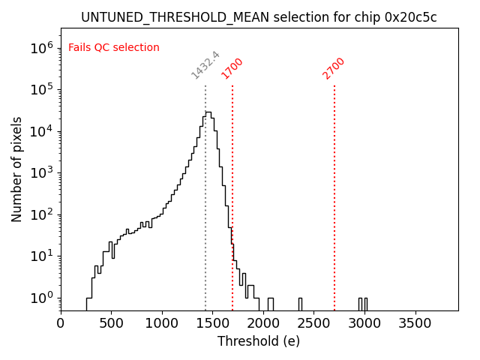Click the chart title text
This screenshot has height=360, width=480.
click(259, 17)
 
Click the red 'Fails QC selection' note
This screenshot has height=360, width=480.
click(114, 47)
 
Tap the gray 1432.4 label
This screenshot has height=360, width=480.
click(205, 65)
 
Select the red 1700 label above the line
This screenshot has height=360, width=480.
click(232, 68)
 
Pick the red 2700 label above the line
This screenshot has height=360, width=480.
click(334, 68)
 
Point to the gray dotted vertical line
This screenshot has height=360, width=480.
click(205, 225)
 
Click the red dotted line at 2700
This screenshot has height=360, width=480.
click(334, 225)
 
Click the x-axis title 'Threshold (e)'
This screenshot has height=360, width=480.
click(259, 341)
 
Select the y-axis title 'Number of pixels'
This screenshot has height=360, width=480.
click(16, 169)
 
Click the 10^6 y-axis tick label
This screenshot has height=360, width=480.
click(41, 48)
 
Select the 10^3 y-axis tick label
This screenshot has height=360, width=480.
click(41, 172)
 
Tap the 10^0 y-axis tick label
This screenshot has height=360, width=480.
click(41, 298)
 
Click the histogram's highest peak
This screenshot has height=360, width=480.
click(208, 112)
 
